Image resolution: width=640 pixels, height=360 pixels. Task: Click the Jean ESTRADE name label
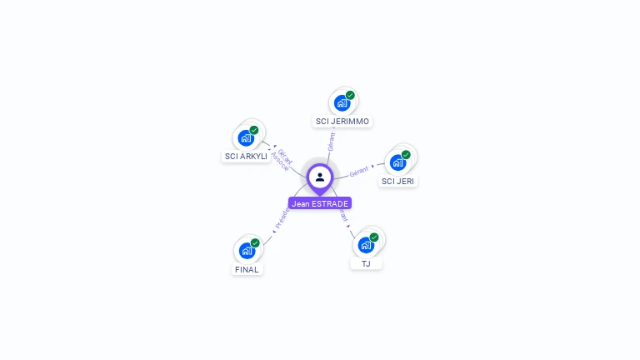point(320,203)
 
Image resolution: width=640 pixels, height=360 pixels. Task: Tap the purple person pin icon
point(320,177)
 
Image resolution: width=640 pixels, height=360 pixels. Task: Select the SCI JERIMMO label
point(342,122)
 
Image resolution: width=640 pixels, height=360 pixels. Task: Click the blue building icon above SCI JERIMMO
point(342,102)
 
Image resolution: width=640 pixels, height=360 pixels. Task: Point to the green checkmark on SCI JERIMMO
point(351,95)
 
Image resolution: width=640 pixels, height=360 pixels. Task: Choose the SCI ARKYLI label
point(246,157)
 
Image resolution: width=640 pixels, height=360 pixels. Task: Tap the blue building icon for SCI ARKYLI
point(245,137)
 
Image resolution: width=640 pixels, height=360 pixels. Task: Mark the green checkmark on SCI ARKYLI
point(254,130)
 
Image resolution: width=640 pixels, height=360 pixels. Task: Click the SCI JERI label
point(397,182)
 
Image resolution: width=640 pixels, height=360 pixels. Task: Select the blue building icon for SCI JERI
point(397,162)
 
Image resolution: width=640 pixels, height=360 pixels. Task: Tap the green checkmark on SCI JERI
point(407,154)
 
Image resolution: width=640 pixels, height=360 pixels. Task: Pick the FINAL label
point(247,270)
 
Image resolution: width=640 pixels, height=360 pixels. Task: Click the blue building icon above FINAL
point(246,250)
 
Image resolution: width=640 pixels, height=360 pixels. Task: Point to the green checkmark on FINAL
point(255,242)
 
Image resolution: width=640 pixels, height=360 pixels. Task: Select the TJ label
point(366,264)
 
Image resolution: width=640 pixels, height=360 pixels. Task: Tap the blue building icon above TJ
point(365,245)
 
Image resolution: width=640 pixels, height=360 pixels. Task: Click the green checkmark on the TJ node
point(374,237)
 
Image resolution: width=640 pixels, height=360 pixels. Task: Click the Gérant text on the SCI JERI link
point(359,172)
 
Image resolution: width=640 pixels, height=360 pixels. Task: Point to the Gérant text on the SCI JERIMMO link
point(331,141)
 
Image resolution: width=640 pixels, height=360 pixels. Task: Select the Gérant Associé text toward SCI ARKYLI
point(283,160)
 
